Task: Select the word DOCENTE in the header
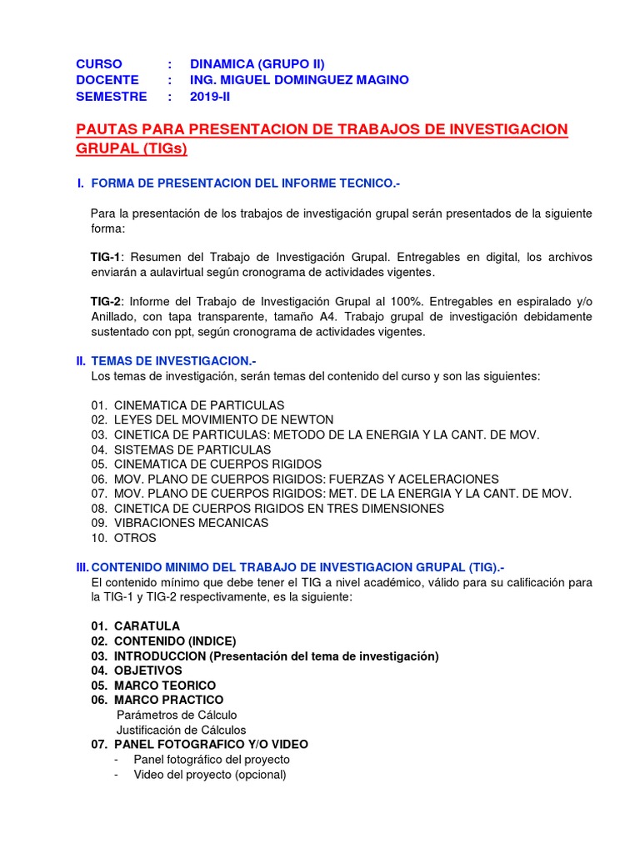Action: click(107, 80)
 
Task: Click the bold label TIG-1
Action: click(106, 257)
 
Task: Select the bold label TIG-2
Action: click(107, 301)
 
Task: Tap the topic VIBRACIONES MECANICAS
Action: click(191, 523)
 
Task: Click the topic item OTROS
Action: click(135, 538)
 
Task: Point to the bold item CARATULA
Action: click(147, 625)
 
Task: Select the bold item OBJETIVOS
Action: click(147, 671)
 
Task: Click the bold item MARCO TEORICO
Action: click(164, 686)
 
